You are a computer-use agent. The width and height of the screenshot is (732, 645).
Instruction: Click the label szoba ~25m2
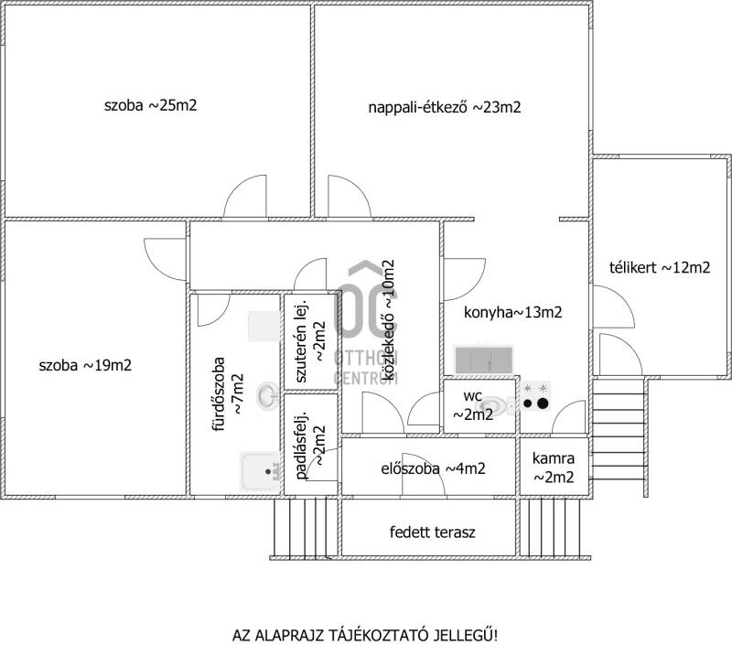(x=150, y=105)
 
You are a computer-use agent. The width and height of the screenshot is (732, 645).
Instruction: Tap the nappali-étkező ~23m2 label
(x=445, y=107)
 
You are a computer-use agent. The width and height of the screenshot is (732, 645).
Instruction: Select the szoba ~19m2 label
(x=85, y=365)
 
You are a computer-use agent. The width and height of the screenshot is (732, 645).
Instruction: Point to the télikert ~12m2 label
(x=660, y=267)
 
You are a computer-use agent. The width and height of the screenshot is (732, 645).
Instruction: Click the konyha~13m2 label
(x=512, y=312)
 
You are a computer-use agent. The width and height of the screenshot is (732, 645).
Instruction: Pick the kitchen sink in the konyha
(x=484, y=360)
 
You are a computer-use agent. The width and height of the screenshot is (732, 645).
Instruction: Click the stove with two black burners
(x=535, y=396)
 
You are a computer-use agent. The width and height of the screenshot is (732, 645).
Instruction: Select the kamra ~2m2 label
(x=554, y=468)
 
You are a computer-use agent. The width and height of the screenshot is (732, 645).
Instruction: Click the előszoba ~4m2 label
(x=433, y=468)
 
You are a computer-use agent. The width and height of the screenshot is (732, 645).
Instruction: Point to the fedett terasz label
(x=432, y=532)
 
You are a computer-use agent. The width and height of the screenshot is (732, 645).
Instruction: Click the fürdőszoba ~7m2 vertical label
(x=228, y=394)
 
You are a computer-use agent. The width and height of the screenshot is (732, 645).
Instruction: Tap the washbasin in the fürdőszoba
(x=268, y=396)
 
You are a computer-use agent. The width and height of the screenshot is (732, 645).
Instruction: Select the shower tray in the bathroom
(x=261, y=471)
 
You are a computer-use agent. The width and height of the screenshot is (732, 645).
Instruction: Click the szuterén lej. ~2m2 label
(x=310, y=341)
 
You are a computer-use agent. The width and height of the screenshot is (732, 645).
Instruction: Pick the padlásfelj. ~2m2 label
(x=310, y=446)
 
